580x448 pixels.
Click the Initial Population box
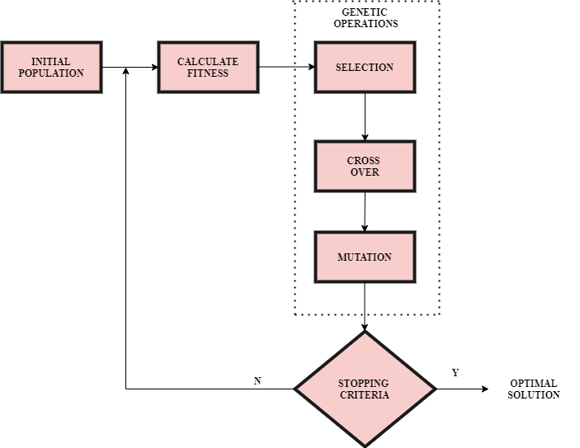tap(51, 67)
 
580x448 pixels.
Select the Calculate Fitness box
tap(208, 67)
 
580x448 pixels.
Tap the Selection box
tap(365, 67)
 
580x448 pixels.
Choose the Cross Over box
tap(365, 166)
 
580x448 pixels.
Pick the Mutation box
tap(365, 257)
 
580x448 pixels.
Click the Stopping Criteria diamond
tap(365, 389)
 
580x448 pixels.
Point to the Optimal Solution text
tap(533, 389)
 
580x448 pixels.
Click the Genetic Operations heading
tap(365, 18)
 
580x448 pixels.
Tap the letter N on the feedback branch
tap(257, 380)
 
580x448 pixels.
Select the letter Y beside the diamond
tap(455, 373)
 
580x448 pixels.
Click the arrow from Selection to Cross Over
tap(365, 116)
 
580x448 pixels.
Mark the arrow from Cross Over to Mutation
tap(365, 211)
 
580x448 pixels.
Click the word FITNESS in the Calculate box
tap(208, 73)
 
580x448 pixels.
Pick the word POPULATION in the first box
tap(51, 73)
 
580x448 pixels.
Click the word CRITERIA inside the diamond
tap(365, 394)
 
